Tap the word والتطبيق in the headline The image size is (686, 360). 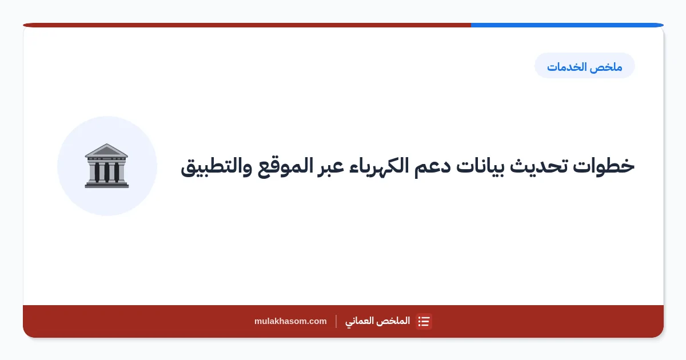[x=217, y=167]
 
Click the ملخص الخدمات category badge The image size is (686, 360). [x=585, y=66]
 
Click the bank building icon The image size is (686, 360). [x=106, y=165]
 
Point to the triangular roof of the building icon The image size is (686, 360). [x=106, y=150]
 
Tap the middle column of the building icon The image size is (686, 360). [x=106, y=172]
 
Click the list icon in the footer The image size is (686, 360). [x=424, y=321]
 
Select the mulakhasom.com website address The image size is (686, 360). [x=290, y=321]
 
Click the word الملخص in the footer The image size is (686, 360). [x=395, y=321]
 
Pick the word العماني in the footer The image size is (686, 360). [x=361, y=321]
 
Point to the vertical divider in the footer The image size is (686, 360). [x=336, y=321]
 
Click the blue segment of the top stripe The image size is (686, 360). [x=567, y=25]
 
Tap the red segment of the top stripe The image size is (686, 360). [x=247, y=25]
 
